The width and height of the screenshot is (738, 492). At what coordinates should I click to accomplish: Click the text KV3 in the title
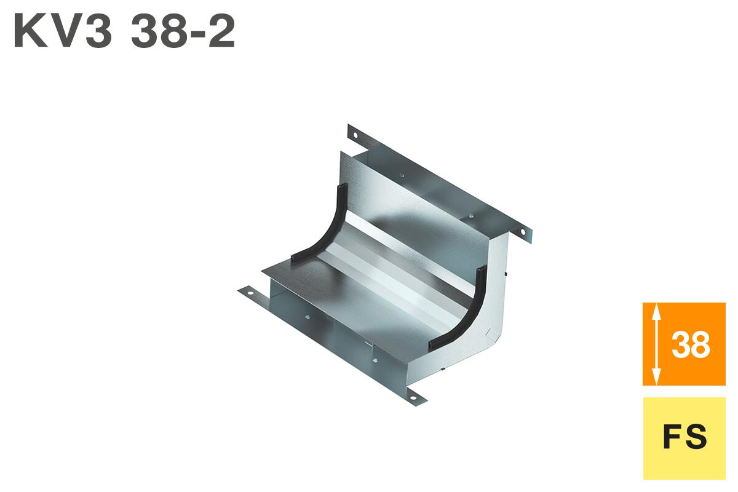coord(63,32)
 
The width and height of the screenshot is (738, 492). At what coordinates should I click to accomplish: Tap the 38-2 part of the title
coord(183,32)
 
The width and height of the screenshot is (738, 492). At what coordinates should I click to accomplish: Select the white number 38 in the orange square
coord(691,345)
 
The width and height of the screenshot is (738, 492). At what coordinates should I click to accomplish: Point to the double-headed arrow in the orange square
coord(656,343)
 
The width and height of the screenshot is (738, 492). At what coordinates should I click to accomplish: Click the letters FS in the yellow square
coord(684,437)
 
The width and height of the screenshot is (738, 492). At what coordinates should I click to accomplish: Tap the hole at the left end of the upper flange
coord(355,135)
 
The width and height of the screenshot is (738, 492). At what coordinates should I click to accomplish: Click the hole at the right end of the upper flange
coord(523,232)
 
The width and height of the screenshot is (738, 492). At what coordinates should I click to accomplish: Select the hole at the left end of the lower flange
coord(250,293)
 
